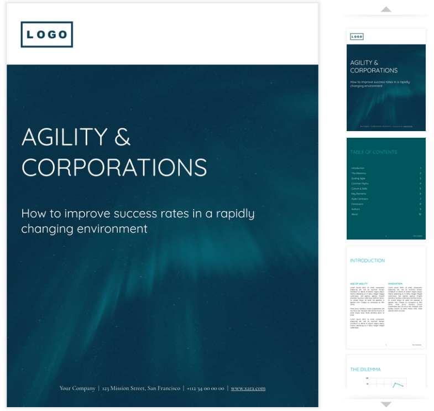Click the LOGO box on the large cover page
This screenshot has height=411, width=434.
point(47,34)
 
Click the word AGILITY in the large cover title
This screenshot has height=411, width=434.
point(64,137)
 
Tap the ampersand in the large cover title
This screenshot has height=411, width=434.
point(122,137)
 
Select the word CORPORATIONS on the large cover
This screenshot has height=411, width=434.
point(114,167)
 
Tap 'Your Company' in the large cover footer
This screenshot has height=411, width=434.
point(77,388)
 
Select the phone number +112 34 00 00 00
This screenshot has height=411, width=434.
point(206,388)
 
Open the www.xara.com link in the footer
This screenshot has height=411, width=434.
point(248,388)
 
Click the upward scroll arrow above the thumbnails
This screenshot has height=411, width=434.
point(386,9)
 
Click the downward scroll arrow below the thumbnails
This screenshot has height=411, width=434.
point(386,404)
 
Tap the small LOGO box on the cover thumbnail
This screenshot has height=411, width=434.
point(357,37)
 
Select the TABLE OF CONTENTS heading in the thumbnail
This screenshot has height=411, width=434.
point(374,152)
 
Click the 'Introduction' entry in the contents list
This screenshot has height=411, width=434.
point(358,168)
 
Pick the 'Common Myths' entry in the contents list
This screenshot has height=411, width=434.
point(359,183)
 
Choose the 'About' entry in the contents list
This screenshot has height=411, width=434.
point(355,214)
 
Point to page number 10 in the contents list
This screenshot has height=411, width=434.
point(420,214)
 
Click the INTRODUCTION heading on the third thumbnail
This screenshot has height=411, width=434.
point(368,261)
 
